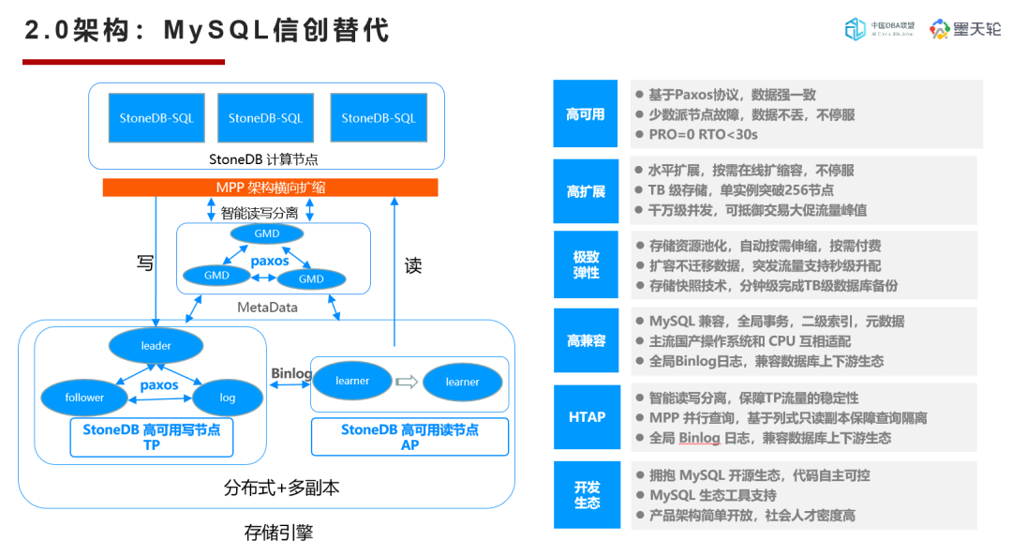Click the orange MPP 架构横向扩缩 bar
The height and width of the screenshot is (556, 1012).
coord(270,188)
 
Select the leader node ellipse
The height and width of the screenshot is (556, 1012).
coord(156,346)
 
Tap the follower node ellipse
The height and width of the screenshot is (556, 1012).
coord(84,398)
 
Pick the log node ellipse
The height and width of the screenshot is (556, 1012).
coord(227,398)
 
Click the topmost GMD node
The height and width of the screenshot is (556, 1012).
coord(266,233)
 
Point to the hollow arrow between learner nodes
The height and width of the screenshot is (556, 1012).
coord(406,382)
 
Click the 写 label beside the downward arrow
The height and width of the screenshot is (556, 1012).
coord(145,264)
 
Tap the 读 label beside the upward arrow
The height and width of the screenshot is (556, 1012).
coord(413,266)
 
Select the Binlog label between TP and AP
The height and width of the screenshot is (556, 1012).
coord(291,373)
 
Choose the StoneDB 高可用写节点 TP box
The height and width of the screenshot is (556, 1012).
coord(151,438)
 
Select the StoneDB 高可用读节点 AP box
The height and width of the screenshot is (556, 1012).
coord(409,437)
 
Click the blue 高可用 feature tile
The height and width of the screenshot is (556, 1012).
coord(586,114)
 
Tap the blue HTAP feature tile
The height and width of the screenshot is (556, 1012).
coord(586,417)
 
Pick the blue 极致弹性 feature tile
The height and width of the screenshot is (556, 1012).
coord(586,265)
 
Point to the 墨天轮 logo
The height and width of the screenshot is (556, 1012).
coord(964,29)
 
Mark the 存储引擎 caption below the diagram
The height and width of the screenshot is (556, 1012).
coord(278,533)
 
